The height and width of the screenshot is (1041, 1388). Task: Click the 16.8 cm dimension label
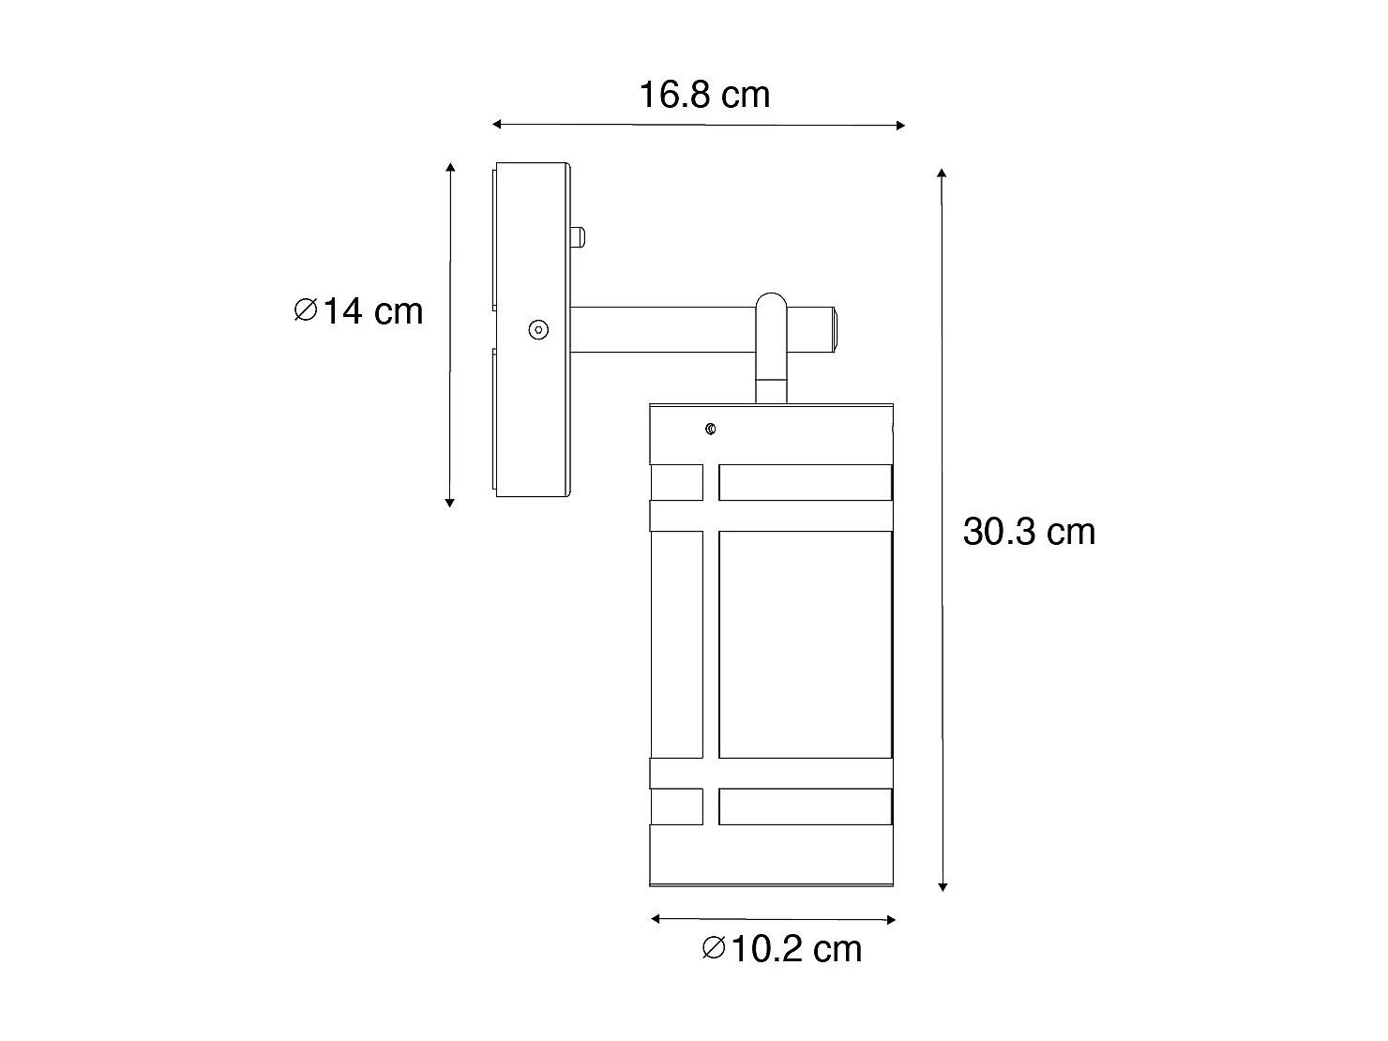704,95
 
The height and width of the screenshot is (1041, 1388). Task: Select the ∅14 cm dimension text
359,310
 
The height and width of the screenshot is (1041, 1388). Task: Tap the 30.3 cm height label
1029,532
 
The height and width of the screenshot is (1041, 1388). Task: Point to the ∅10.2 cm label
781,949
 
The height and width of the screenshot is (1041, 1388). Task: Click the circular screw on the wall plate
538,329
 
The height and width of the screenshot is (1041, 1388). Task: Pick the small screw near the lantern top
711,430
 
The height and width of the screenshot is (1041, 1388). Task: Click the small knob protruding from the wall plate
579,236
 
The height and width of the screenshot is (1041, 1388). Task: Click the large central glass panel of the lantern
804,645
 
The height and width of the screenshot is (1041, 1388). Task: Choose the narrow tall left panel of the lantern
676,645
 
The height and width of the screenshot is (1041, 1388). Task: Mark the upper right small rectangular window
804,481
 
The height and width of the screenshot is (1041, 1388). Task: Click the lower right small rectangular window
804,807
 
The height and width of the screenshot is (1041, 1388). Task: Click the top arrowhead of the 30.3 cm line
942,174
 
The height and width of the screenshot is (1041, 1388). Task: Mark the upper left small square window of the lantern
676,481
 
